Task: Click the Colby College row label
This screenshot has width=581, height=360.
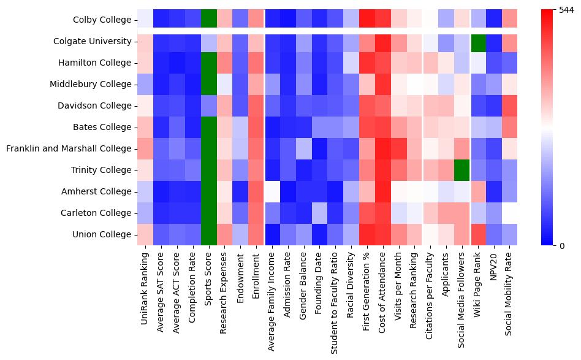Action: click(105, 20)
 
